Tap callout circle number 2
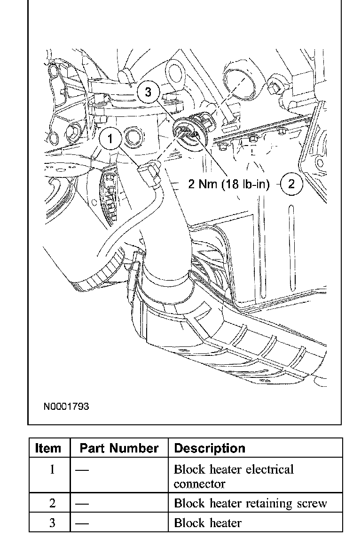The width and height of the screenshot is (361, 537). click(x=291, y=184)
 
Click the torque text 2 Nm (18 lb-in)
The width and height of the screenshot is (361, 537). click(x=229, y=184)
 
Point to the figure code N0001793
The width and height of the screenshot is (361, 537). click(x=66, y=406)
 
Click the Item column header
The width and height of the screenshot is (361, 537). click(x=48, y=448)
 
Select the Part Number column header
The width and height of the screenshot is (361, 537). click(x=119, y=448)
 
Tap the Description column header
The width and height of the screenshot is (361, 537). click(x=210, y=448)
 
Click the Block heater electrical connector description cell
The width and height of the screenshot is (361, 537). click(x=234, y=476)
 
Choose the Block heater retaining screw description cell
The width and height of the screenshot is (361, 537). click(x=250, y=504)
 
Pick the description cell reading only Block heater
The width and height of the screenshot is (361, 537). click(x=208, y=523)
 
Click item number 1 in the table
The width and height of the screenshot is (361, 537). click(x=52, y=469)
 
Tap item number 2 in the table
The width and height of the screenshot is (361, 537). click(x=52, y=504)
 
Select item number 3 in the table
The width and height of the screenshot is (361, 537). click(x=52, y=523)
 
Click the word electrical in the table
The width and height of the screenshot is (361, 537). click(x=265, y=469)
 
